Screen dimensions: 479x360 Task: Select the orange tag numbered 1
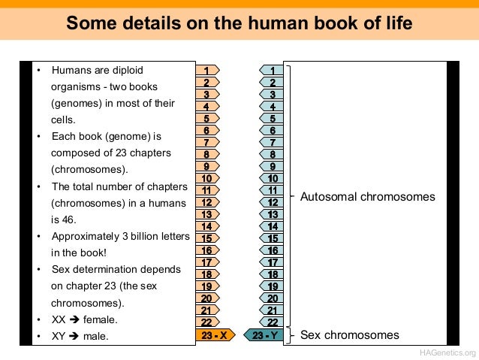pyautogui.click(x=207, y=71)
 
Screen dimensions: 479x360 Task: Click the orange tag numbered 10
pyautogui.click(x=207, y=179)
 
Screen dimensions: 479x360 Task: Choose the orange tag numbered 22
pyautogui.click(x=207, y=322)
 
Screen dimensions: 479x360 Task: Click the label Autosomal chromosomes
pyautogui.click(x=367, y=197)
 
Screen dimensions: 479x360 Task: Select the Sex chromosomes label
pyautogui.click(x=350, y=335)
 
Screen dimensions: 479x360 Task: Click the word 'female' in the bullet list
pyautogui.click(x=100, y=319)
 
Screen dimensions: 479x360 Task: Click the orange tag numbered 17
pyautogui.click(x=207, y=262)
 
